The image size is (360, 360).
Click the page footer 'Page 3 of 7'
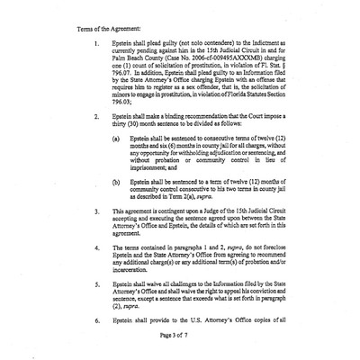(179, 359)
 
